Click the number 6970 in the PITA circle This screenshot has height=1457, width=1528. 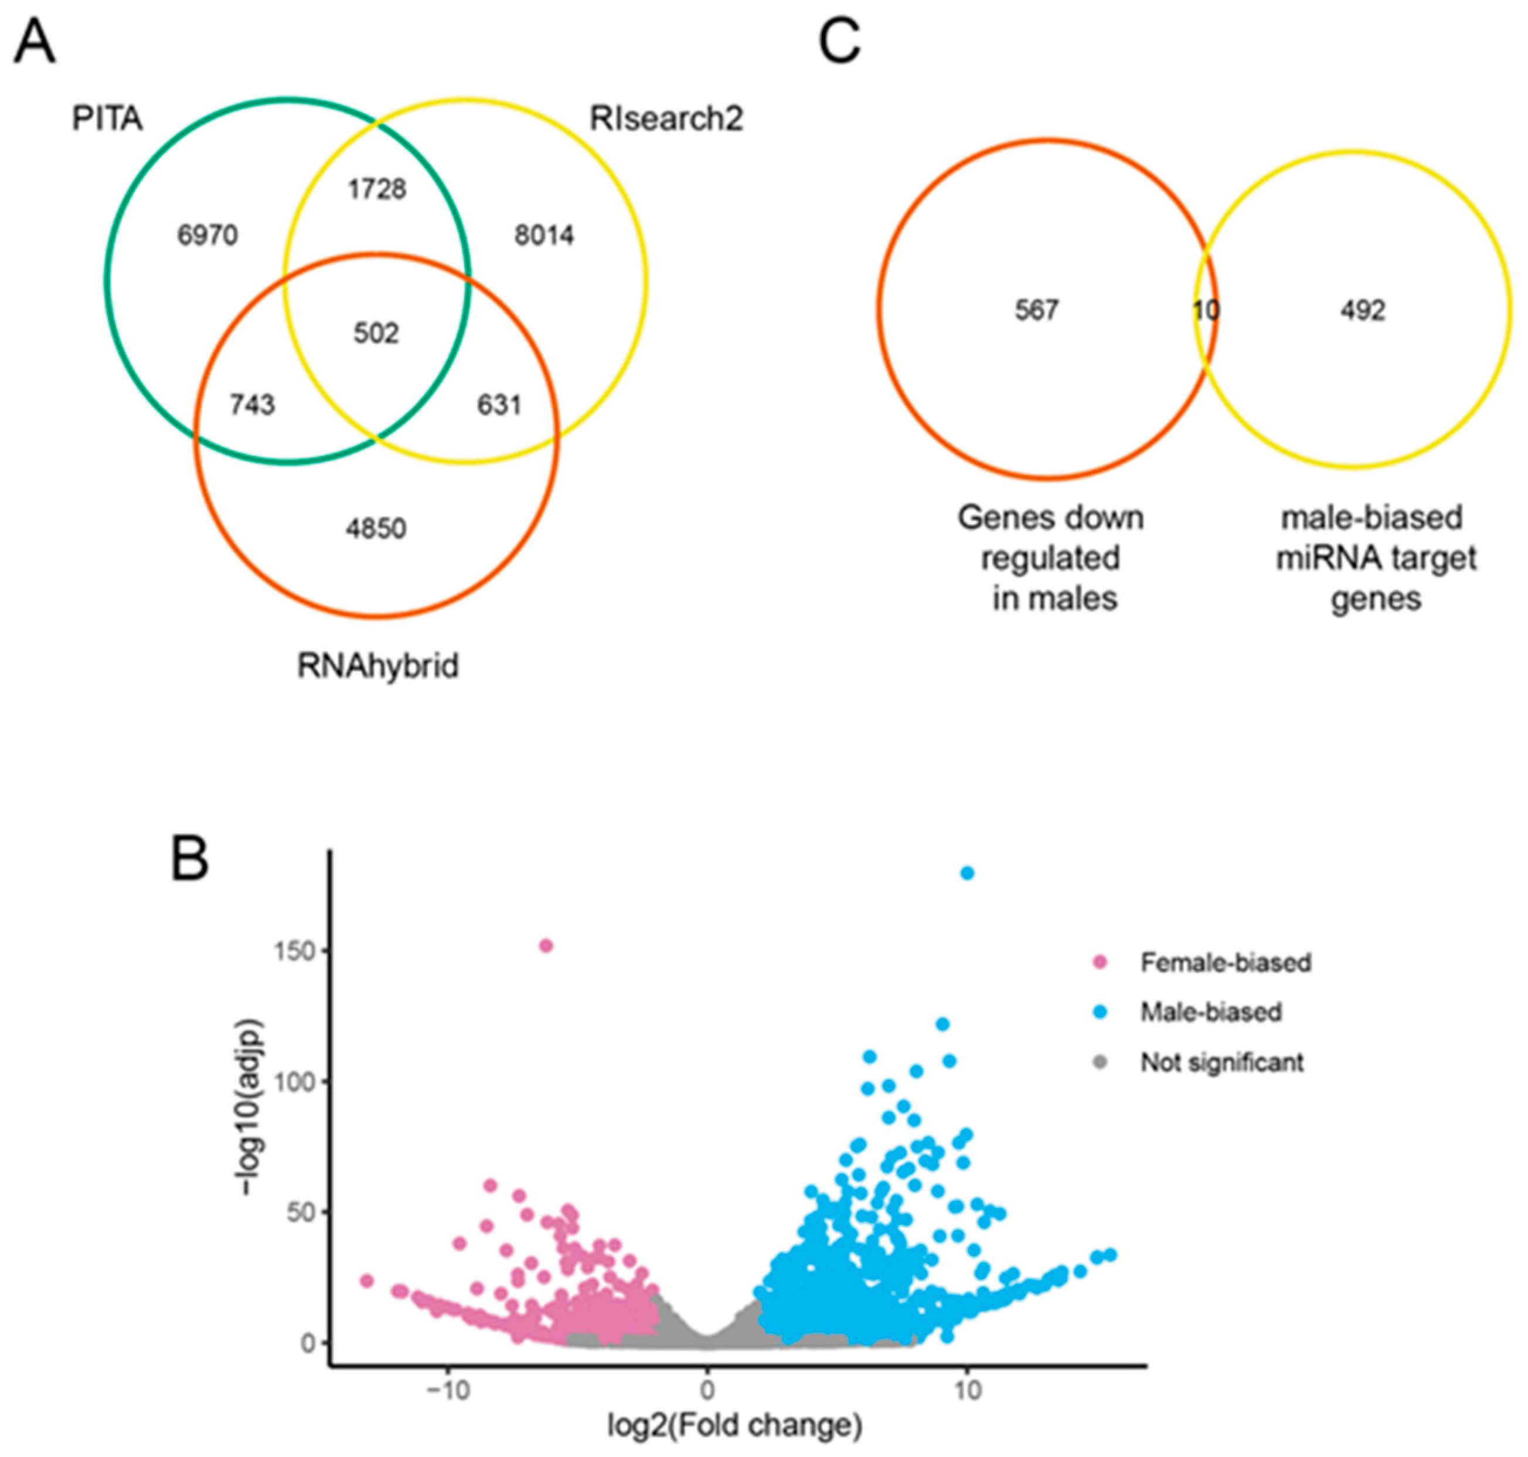[x=207, y=235]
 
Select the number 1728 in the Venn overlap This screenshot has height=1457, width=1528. [x=376, y=189]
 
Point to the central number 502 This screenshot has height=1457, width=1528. [x=376, y=333]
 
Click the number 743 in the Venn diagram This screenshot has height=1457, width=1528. [x=253, y=405]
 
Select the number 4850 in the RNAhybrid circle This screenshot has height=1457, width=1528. [x=376, y=529]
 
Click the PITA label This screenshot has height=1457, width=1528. [x=107, y=119]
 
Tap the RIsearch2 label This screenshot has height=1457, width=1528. [x=666, y=119]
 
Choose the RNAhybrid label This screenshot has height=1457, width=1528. [x=378, y=665]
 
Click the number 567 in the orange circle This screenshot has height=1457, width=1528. [x=1036, y=311]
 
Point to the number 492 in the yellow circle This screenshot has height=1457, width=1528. [x=1363, y=311]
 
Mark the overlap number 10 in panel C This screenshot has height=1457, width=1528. [x=1206, y=311]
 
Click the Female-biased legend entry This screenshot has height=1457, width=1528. [x=1225, y=962]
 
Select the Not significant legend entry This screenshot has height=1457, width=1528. [x=1221, y=1062]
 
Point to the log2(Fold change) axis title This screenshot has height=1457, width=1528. [x=734, y=1426]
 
